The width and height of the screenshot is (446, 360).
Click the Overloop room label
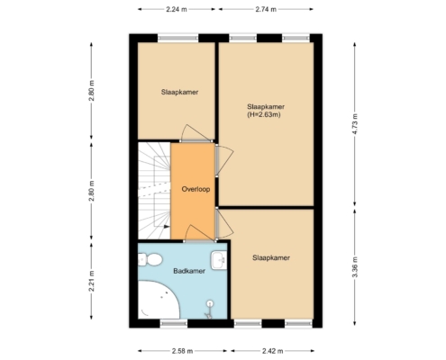click(196, 189)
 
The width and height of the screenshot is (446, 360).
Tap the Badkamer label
click(189, 271)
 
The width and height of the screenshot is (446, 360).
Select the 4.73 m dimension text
click(355, 124)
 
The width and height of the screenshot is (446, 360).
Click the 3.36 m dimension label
click(355, 267)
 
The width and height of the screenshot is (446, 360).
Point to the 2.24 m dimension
click(177, 9)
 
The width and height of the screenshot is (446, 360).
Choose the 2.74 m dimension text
click(266, 9)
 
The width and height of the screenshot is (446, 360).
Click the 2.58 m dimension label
click(182, 351)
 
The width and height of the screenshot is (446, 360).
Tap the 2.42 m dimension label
click(272, 351)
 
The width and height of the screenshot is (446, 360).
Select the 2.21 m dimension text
click(92, 281)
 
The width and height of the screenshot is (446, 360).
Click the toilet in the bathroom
click(150, 259)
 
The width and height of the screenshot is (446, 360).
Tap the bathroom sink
click(219, 260)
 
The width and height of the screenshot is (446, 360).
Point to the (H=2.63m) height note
click(264, 114)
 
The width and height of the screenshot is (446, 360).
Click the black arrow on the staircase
click(167, 227)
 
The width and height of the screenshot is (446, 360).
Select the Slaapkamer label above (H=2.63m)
click(266, 107)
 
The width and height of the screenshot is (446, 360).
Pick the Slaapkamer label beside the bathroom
click(271, 258)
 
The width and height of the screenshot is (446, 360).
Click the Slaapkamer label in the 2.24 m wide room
click(179, 92)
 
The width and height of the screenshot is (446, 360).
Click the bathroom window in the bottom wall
click(174, 323)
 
